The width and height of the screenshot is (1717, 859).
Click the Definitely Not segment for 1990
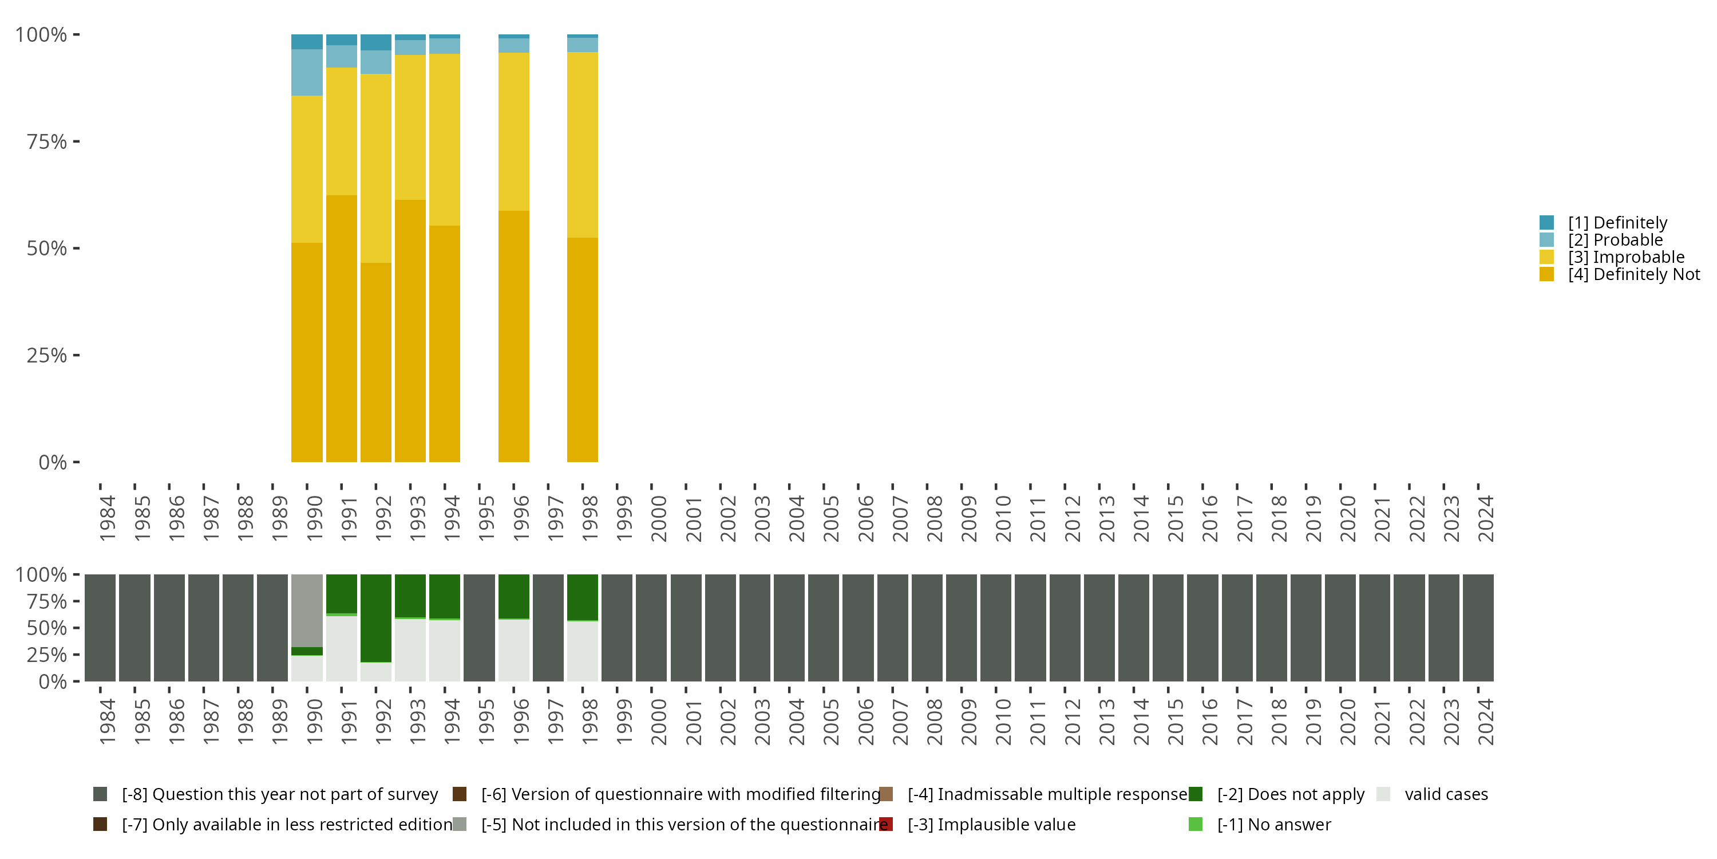(x=307, y=352)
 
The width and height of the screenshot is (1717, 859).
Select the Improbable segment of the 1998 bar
(x=582, y=145)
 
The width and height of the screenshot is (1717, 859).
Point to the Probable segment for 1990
(x=307, y=72)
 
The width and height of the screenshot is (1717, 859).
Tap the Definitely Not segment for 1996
(x=513, y=336)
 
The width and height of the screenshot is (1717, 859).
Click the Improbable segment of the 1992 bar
(x=376, y=168)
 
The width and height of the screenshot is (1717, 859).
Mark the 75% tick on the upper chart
(x=48, y=142)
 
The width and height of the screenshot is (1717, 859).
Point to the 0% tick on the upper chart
(x=53, y=462)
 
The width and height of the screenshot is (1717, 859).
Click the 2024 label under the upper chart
(x=1485, y=518)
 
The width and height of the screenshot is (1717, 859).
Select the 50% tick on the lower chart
(x=48, y=628)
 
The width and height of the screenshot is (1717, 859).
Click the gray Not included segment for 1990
(x=307, y=610)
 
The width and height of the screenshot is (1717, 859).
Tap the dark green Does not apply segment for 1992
(x=376, y=617)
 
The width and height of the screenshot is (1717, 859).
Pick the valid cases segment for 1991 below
(x=341, y=648)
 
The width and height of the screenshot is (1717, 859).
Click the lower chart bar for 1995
(x=478, y=628)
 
